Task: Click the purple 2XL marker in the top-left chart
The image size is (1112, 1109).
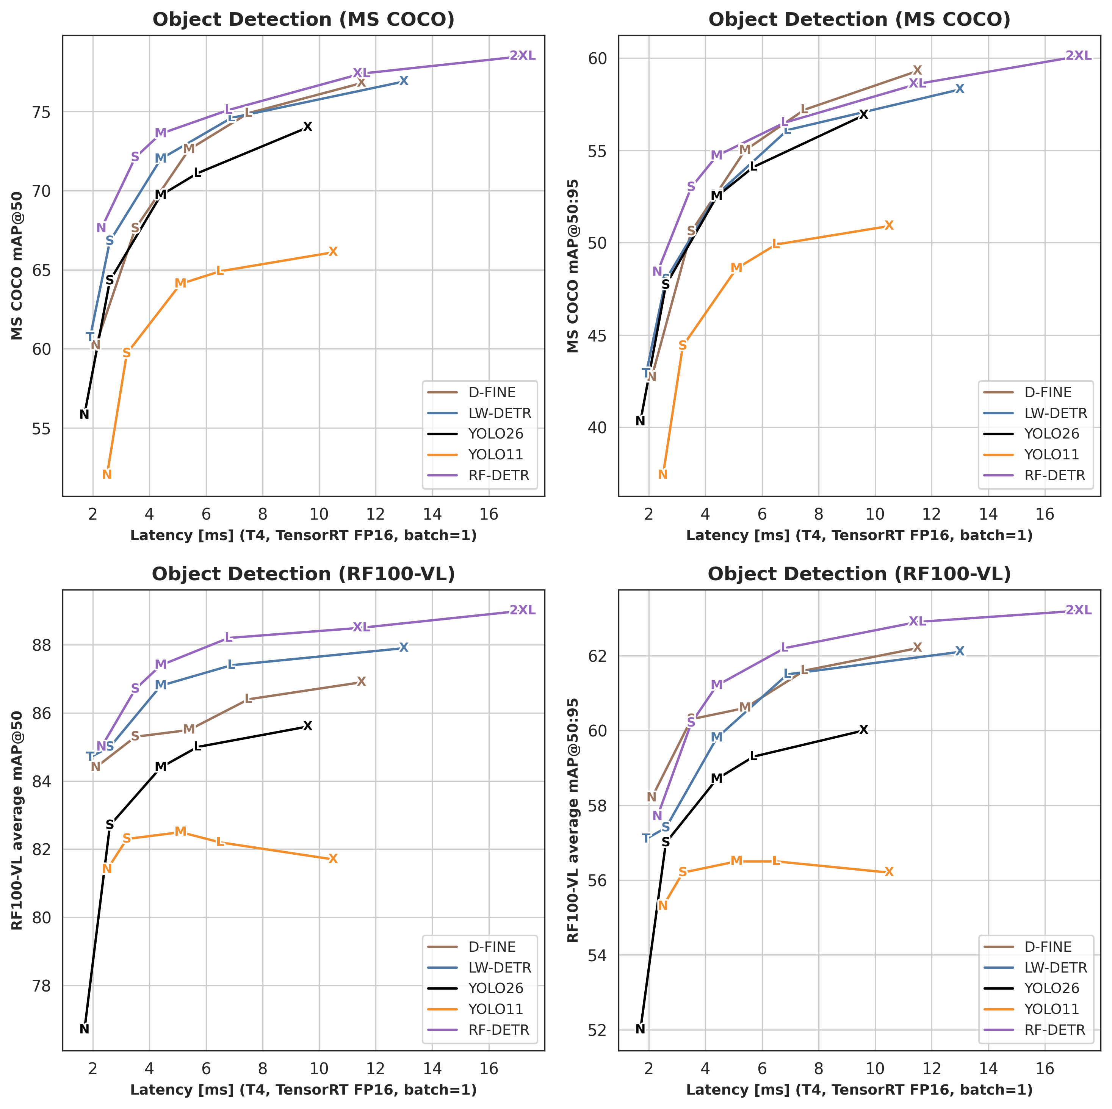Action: click(x=522, y=56)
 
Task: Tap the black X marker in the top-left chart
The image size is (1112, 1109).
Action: click(x=307, y=127)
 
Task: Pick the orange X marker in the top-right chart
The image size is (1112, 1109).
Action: click(x=889, y=226)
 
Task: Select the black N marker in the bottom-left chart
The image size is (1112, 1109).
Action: click(x=84, y=1029)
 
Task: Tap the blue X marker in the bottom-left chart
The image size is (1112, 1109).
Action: click(x=404, y=647)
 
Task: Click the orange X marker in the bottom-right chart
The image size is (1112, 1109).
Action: click(x=889, y=872)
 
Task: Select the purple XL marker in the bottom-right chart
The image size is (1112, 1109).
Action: click(x=917, y=621)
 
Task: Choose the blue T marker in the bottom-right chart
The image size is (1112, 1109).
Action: click(x=646, y=838)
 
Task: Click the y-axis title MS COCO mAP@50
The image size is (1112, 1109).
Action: click(x=17, y=266)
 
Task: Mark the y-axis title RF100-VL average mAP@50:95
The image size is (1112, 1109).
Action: click(x=573, y=820)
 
